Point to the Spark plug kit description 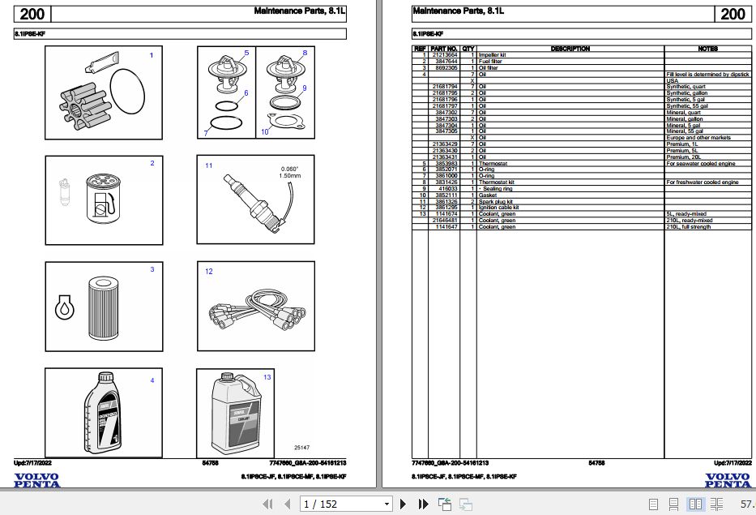tap(495, 201)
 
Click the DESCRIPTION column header tap(570, 49)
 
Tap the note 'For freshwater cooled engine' tap(702, 182)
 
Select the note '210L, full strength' tap(688, 227)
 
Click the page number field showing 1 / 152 tap(344, 504)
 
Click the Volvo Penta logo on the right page tap(727, 480)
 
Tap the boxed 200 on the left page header tap(33, 13)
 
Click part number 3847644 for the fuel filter tap(446, 62)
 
